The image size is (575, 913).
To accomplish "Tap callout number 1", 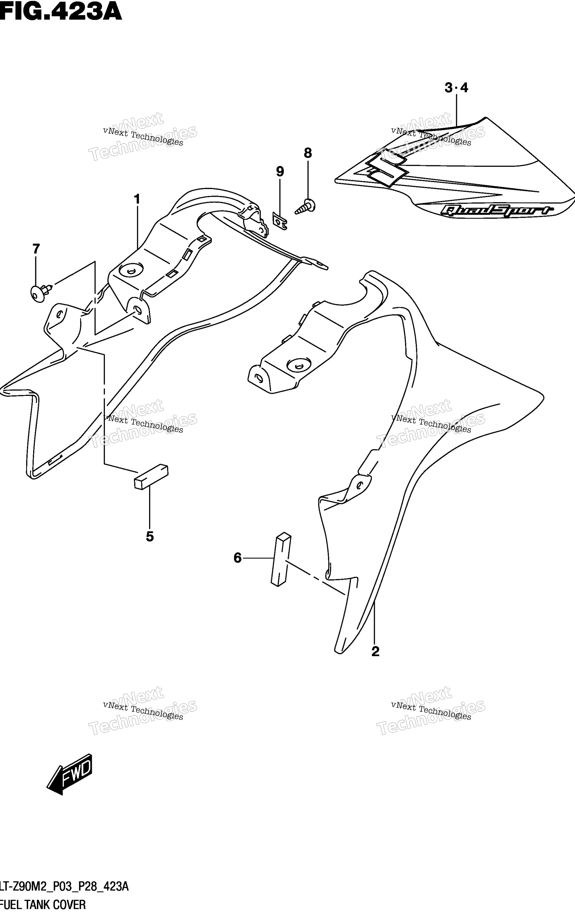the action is pyautogui.click(x=137, y=199).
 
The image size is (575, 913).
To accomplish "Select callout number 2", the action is pyautogui.click(x=375, y=651).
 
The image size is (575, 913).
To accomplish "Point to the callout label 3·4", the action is pyautogui.click(x=456, y=88).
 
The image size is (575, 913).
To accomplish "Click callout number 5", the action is pyautogui.click(x=150, y=537).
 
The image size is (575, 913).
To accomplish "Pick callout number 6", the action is pyautogui.click(x=238, y=558).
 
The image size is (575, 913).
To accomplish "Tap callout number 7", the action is pyautogui.click(x=36, y=249).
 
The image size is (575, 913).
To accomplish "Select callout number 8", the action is pyautogui.click(x=308, y=153).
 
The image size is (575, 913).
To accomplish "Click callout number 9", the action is pyautogui.click(x=280, y=172).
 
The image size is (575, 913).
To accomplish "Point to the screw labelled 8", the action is pyautogui.click(x=306, y=207).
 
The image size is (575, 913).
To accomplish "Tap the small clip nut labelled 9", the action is pyautogui.click(x=280, y=221).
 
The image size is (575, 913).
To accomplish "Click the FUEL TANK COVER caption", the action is pyautogui.click(x=43, y=905).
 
